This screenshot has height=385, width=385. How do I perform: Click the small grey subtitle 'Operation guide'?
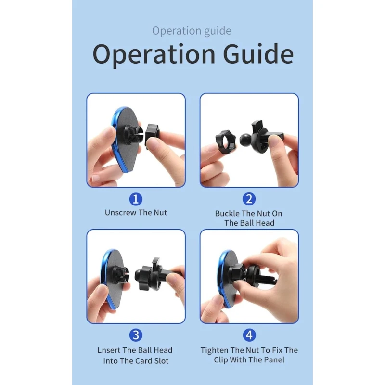tap(192, 31)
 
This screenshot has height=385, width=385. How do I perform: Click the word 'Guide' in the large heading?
tap(258, 54)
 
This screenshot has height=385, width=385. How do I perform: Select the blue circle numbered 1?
tap(136, 199)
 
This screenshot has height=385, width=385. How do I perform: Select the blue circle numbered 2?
tap(249, 199)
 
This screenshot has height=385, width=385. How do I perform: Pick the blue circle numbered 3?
tap(136, 335)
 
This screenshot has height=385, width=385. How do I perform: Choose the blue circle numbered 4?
tap(249, 335)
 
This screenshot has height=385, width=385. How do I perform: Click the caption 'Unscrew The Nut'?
tap(136, 213)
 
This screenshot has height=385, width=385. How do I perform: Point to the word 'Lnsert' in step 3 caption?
tap(109, 350)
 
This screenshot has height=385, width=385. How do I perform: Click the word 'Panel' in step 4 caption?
tap(274, 360)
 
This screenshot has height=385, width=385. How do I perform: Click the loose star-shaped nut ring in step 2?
tap(226, 142)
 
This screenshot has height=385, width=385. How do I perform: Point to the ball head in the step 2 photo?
tap(245, 140)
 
